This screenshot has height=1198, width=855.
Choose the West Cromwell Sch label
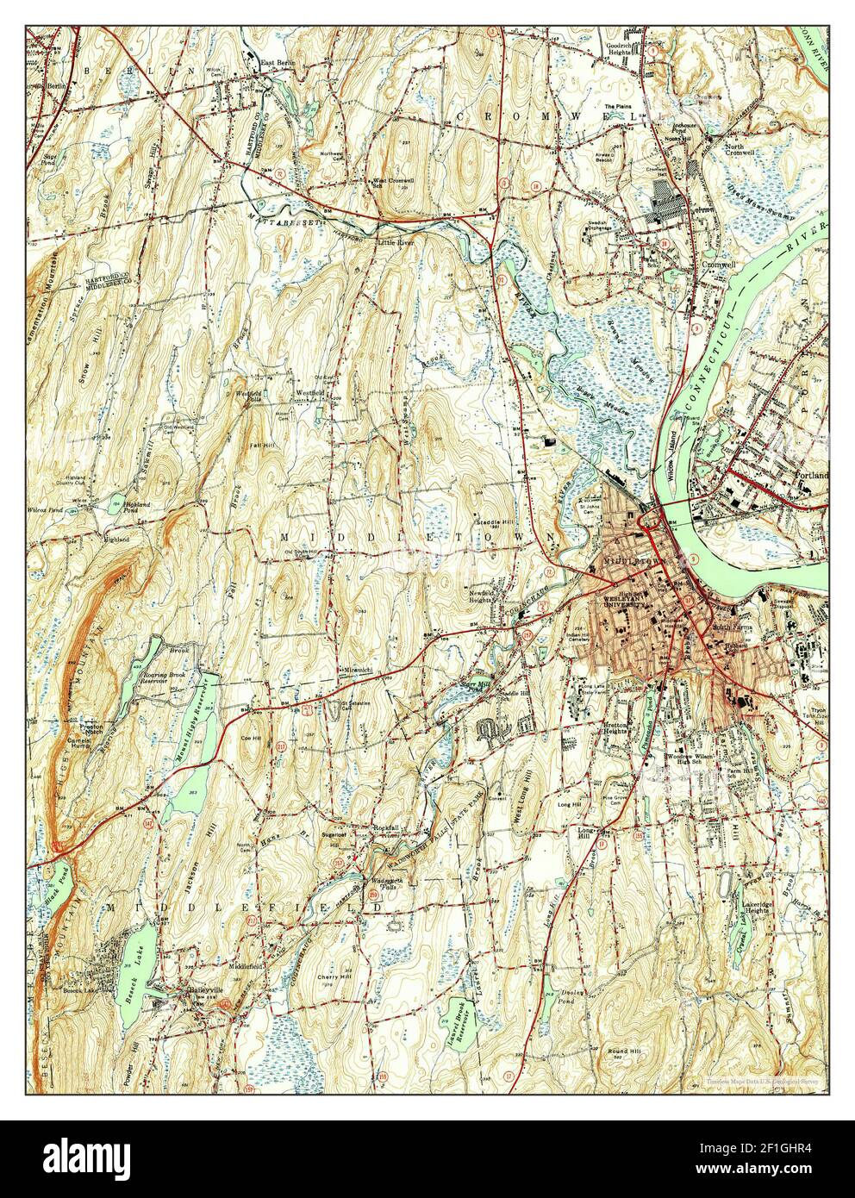tap(390, 184)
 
